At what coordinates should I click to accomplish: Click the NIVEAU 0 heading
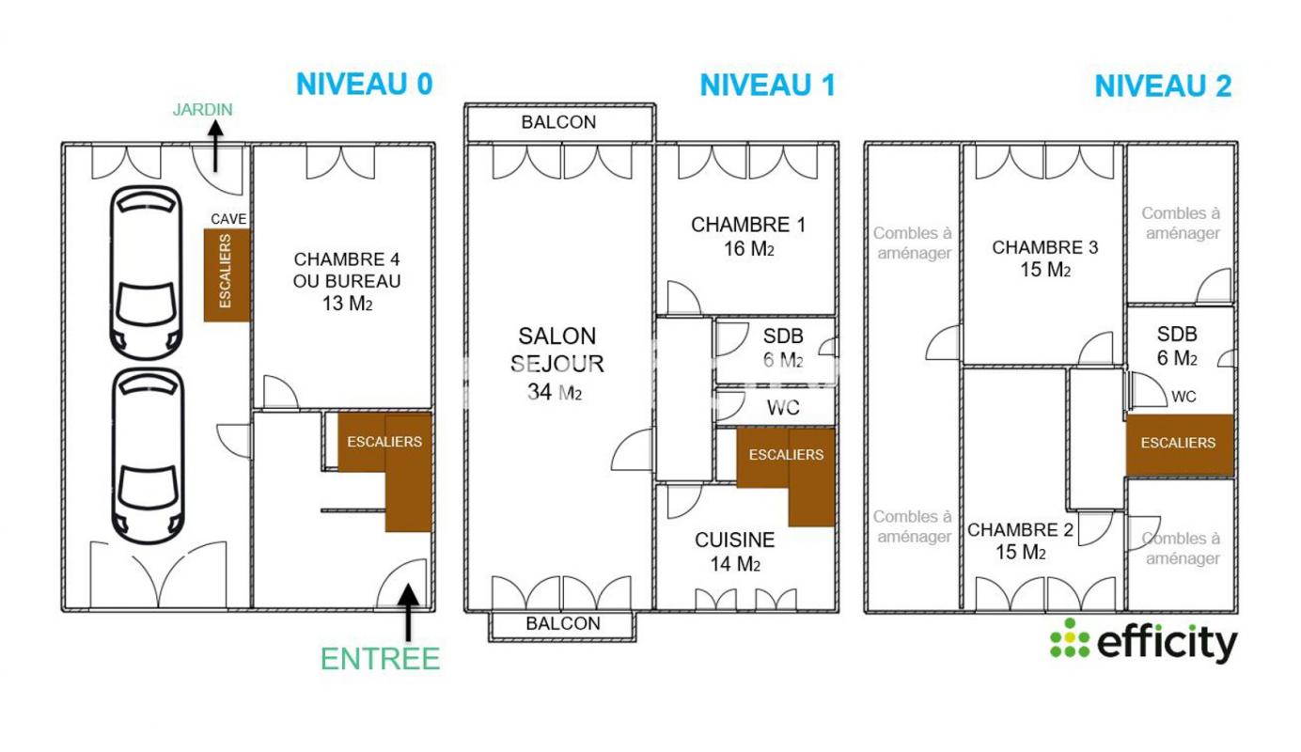click(x=364, y=85)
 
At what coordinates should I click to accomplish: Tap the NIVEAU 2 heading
click(x=1163, y=86)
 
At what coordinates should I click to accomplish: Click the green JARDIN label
click(x=203, y=109)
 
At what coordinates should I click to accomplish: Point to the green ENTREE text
click(x=381, y=659)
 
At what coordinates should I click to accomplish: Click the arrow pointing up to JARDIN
click(x=215, y=146)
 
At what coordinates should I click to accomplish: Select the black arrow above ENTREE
click(x=408, y=612)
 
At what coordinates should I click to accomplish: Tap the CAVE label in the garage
click(x=228, y=219)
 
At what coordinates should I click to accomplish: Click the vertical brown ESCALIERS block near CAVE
click(x=227, y=275)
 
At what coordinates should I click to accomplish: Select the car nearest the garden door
click(x=146, y=273)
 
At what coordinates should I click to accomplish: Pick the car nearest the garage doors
click(x=148, y=457)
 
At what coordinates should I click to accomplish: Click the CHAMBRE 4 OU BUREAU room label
click(x=347, y=281)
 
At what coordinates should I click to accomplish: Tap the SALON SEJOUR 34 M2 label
click(x=556, y=364)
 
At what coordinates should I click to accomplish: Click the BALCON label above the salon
click(x=558, y=122)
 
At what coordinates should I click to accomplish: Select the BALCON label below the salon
click(x=563, y=623)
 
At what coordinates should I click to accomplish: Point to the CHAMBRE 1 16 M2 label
click(x=748, y=236)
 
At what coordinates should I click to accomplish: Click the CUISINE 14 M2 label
click(x=735, y=552)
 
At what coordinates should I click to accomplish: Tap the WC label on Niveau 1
click(x=783, y=408)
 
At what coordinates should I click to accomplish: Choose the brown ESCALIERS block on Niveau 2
click(x=1180, y=445)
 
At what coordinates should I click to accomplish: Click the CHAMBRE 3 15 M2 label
click(x=1045, y=258)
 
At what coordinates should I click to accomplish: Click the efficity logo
click(x=1144, y=640)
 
